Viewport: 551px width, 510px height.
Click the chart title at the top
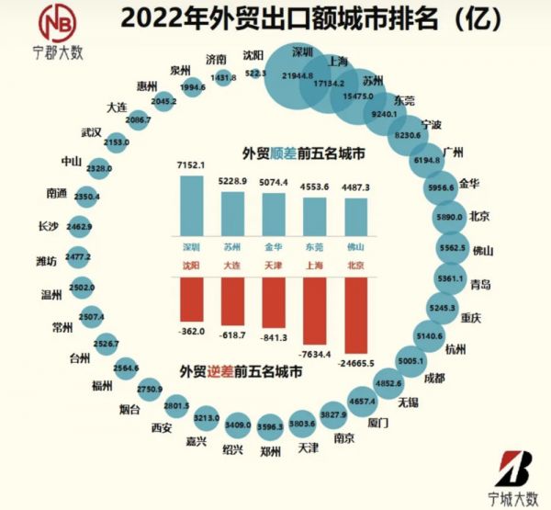(x=304, y=19)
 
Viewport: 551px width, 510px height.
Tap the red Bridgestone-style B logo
(x=512, y=469)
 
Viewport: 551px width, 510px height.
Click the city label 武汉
(x=90, y=132)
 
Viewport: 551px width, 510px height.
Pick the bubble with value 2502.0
(x=83, y=288)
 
